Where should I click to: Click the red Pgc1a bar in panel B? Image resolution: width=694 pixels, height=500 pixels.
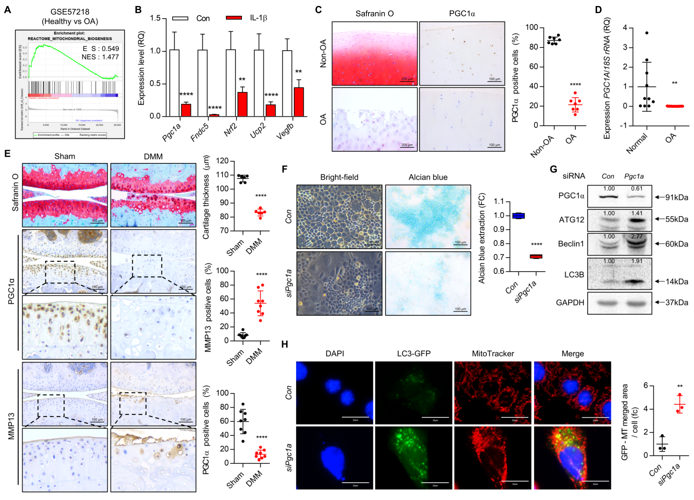pos(186,110)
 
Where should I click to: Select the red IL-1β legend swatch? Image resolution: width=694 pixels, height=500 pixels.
pos(234,18)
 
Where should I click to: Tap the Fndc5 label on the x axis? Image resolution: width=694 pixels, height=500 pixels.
pos(200,132)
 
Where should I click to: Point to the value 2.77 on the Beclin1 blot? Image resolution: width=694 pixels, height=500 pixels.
pos(636,236)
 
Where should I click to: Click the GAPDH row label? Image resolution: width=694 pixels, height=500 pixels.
pos(570,302)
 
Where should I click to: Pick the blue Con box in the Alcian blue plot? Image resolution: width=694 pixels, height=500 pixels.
pos(518,216)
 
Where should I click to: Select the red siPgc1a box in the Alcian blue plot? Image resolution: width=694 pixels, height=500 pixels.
pos(536,256)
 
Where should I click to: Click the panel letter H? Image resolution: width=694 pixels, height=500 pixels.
pos(285,344)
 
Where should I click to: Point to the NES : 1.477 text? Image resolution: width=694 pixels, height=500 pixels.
pos(100,57)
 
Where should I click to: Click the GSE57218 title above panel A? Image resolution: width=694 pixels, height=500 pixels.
pos(70,12)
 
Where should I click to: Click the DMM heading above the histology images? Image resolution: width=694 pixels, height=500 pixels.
pos(153,157)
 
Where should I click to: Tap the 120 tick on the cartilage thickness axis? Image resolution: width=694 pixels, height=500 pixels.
pos(223,161)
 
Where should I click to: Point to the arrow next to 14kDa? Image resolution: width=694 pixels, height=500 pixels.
pos(659,281)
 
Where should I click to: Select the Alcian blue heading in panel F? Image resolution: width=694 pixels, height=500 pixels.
pos(428,177)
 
